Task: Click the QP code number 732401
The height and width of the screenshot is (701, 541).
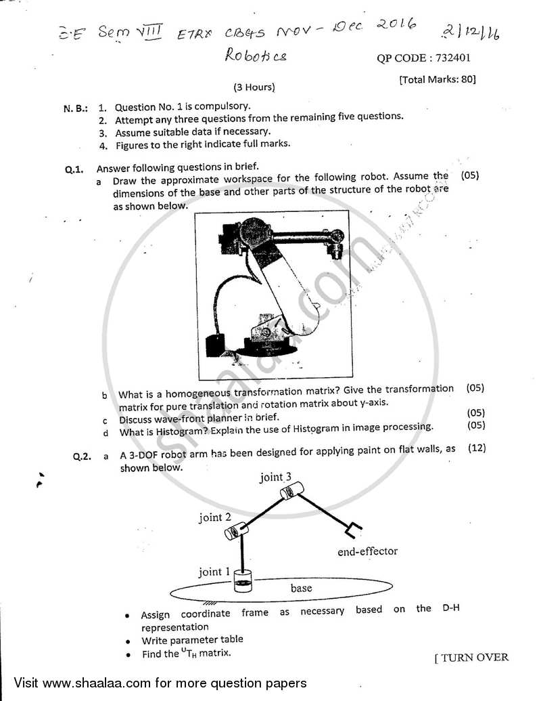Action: coord(454,58)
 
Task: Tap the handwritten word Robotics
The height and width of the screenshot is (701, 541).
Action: coord(256,55)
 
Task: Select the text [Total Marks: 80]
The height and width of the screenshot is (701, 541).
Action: coord(438,79)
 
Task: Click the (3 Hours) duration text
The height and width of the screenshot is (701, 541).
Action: coord(254,87)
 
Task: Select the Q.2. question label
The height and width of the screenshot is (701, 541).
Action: coord(82,457)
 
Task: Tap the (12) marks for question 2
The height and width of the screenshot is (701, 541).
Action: coord(475,448)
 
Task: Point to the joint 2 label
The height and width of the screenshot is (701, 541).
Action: coord(215,517)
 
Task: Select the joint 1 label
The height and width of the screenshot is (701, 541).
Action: coord(214,572)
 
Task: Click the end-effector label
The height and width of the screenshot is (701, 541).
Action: coord(368,551)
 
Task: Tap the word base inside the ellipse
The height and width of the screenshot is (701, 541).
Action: coord(301,588)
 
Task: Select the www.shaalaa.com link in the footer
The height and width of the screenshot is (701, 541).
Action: coord(89,683)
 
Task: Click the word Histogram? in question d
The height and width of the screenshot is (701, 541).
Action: coord(182,427)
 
